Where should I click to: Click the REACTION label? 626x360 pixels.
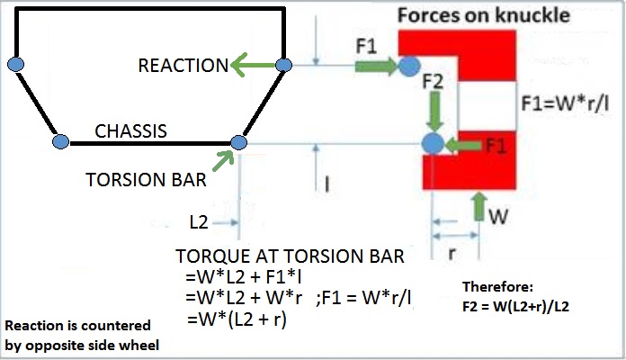click(x=183, y=65)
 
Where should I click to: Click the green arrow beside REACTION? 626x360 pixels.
click(x=253, y=65)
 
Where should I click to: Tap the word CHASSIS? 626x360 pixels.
click(x=131, y=131)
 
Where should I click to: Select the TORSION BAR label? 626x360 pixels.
click(x=146, y=179)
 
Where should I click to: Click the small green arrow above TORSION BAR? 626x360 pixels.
click(x=224, y=159)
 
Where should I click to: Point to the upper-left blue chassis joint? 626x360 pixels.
click(x=15, y=64)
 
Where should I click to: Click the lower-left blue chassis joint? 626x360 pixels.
click(x=60, y=141)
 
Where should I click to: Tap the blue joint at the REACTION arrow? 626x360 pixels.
click(x=283, y=65)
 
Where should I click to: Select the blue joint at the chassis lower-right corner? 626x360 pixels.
click(x=239, y=141)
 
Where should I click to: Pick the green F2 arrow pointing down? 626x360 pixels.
click(x=434, y=112)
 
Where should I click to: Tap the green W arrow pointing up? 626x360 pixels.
click(x=478, y=206)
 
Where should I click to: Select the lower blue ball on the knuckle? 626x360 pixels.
click(x=434, y=143)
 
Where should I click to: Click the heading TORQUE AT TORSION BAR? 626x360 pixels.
click(x=291, y=256)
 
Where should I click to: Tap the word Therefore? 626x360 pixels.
click(x=497, y=287)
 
